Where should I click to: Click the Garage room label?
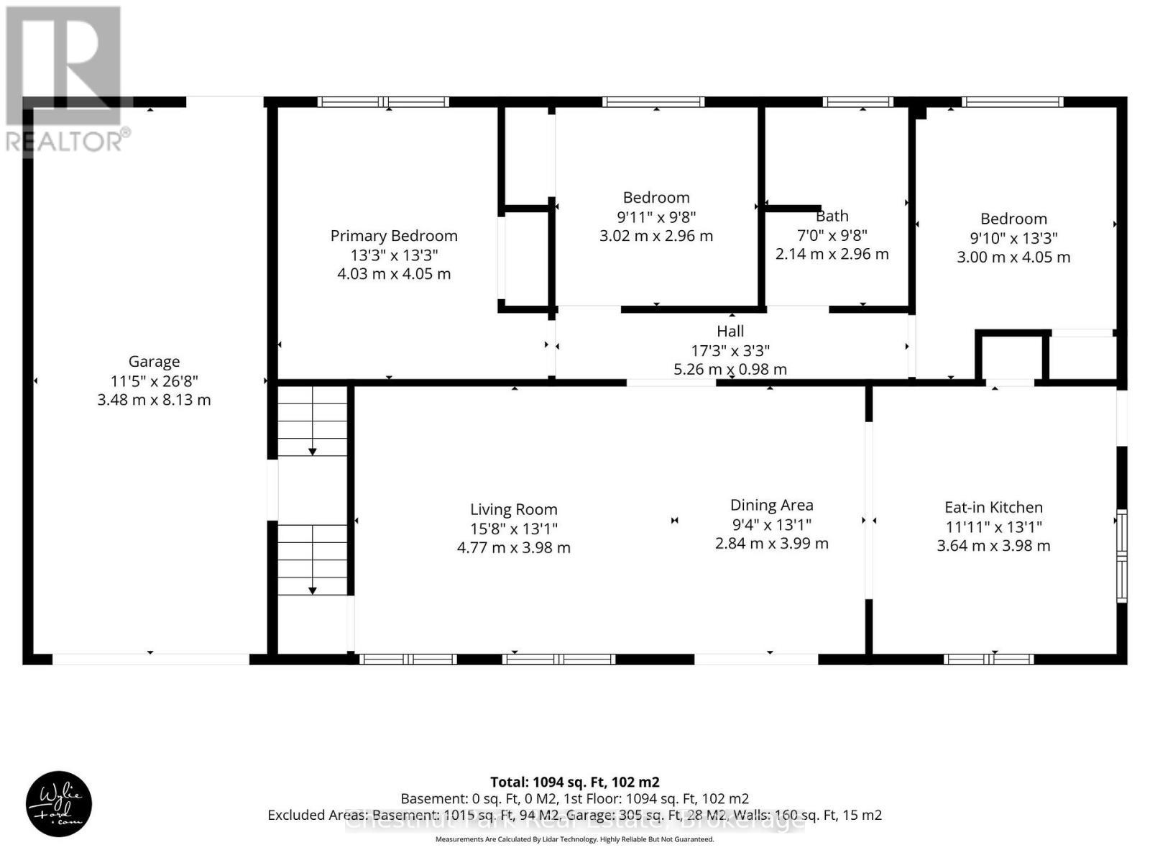154,362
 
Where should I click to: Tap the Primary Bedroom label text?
394,236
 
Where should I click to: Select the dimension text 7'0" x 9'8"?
832,235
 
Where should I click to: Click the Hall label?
730,332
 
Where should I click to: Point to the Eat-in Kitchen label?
993,508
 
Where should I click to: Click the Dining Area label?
771,506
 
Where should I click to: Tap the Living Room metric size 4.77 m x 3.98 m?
513,548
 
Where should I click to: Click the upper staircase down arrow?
313,451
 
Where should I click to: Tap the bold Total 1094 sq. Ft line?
574,782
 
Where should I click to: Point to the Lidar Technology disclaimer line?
574,839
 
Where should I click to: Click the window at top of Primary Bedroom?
383,102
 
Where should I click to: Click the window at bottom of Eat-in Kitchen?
988,659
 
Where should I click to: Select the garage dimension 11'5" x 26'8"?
154,381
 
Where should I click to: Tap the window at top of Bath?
857,102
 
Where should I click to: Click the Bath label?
832,216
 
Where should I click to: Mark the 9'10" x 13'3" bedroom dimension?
1013,238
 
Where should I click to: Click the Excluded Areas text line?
574,816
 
